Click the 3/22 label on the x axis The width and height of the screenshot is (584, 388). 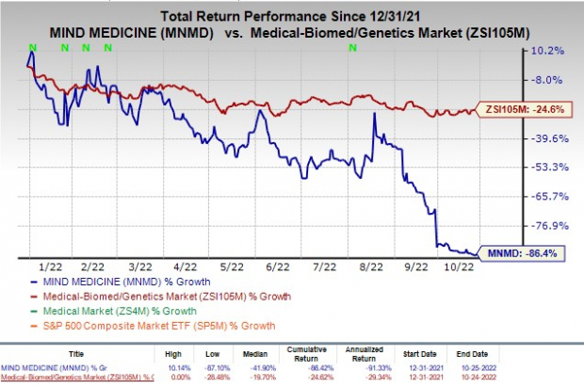click(x=138, y=267)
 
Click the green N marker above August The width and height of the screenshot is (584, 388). click(x=352, y=46)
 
